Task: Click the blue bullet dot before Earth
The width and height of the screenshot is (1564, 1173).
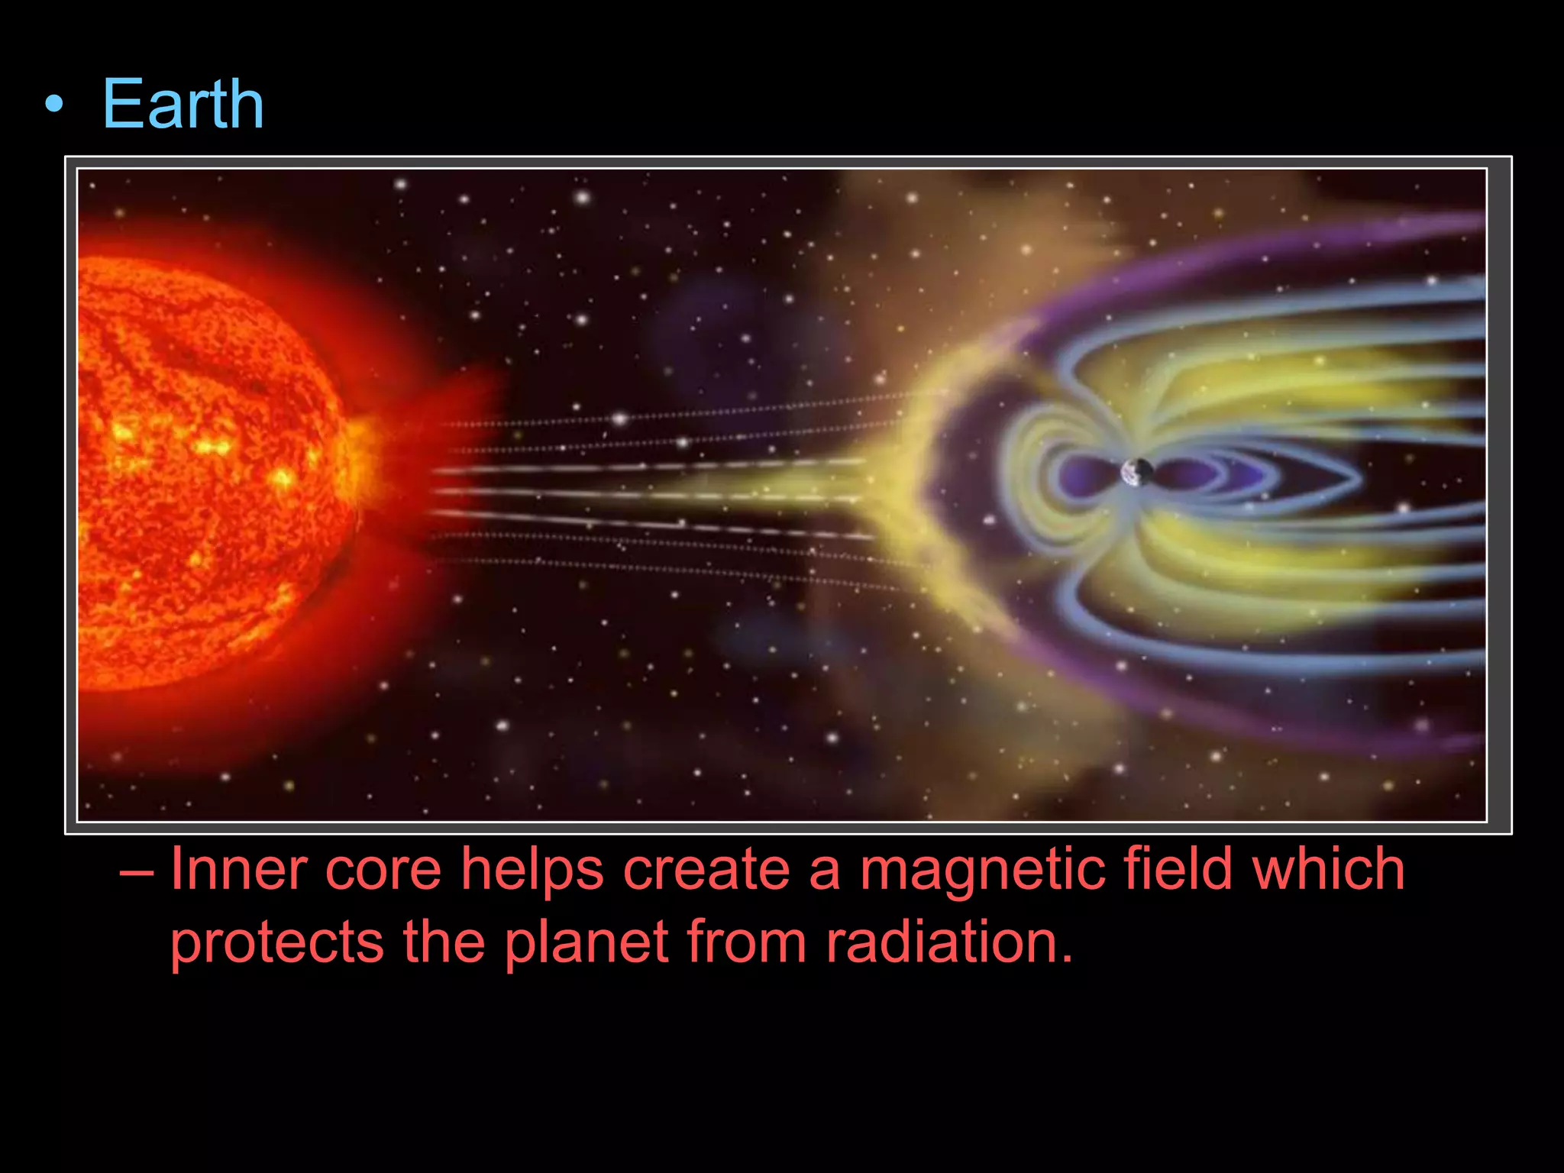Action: point(53,105)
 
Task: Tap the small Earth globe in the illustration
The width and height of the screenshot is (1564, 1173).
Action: point(1137,472)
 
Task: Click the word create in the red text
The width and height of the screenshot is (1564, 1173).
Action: point(706,871)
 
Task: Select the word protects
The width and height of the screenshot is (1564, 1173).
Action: point(276,944)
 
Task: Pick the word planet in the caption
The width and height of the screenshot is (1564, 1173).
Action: point(586,942)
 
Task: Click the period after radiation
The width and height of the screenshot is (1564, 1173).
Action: point(1068,959)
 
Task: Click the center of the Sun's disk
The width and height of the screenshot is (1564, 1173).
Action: point(191,473)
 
